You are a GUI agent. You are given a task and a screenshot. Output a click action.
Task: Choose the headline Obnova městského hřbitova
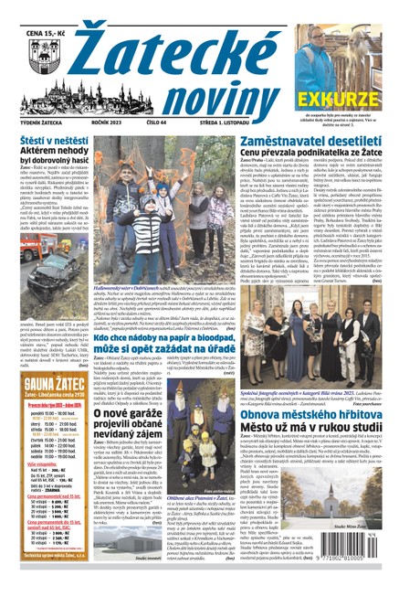[299, 407]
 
